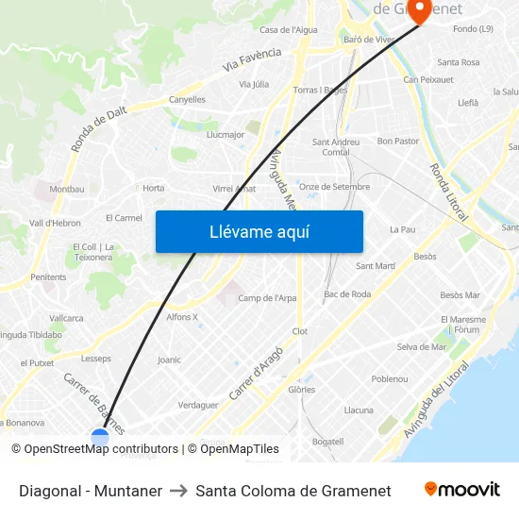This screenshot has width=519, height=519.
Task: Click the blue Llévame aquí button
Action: pos(259,232)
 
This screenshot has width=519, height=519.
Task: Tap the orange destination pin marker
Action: pos(418,9)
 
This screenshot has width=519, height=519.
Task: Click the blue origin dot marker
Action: pos(100,438)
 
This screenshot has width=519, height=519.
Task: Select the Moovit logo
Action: pos(461,490)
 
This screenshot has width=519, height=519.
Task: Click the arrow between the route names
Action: pos(178,491)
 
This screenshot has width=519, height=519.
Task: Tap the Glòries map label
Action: pos(301,389)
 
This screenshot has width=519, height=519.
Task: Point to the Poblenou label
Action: pos(389,378)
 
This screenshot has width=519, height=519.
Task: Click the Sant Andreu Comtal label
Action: pos(336,147)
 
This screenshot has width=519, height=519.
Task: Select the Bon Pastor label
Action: pos(397,142)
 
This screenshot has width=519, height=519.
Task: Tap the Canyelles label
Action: pos(187,99)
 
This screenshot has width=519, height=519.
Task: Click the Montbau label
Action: pos(66,189)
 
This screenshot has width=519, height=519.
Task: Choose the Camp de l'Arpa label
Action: pos(267,298)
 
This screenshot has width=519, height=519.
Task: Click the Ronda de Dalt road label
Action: pos(98,128)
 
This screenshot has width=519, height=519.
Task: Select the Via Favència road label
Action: pos(252,59)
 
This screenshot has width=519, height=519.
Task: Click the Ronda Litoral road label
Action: pos(448,193)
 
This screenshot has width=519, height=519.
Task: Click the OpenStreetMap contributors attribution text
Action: pos(94,449)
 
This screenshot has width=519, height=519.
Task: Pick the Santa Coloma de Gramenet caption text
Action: pos(293,491)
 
